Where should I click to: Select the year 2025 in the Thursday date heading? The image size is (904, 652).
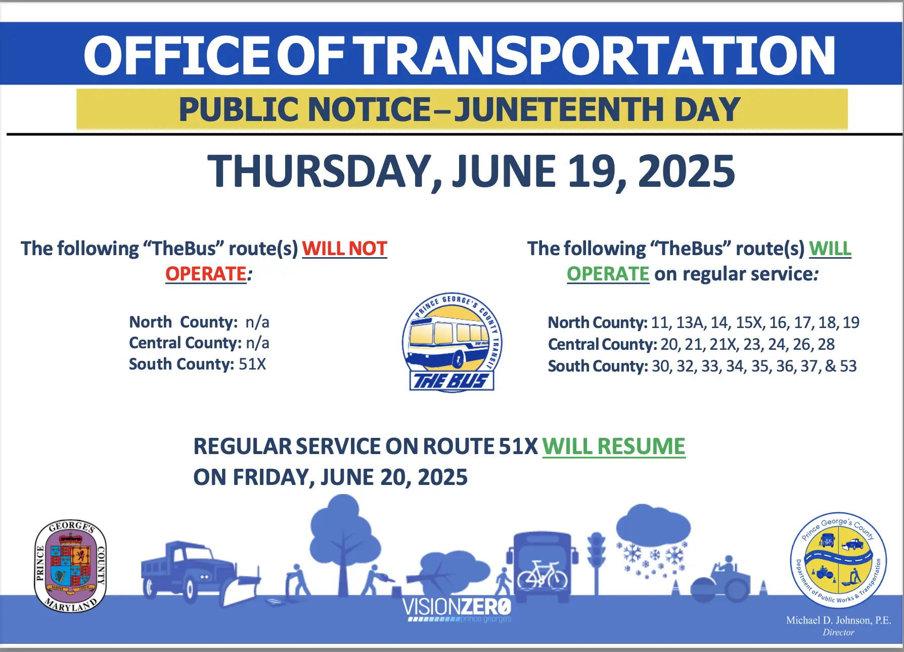click(686, 171)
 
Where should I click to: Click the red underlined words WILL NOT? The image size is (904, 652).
click(345, 249)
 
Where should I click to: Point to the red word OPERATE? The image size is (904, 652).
click(206, 274)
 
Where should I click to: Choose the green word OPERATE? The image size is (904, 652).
click(608, 274)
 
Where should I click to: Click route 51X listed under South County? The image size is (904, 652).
click(252, 364)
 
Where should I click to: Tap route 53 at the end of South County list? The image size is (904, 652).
click(848, 366)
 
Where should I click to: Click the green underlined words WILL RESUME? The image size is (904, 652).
click(614, 446)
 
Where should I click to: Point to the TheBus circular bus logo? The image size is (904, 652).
click(451, 342)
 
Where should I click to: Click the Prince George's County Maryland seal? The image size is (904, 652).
click(70, 566)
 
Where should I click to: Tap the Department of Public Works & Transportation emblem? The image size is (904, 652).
click(838, 560)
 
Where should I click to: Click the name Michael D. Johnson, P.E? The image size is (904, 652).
click(838, 620)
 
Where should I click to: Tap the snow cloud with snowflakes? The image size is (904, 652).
click(653, 542)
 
